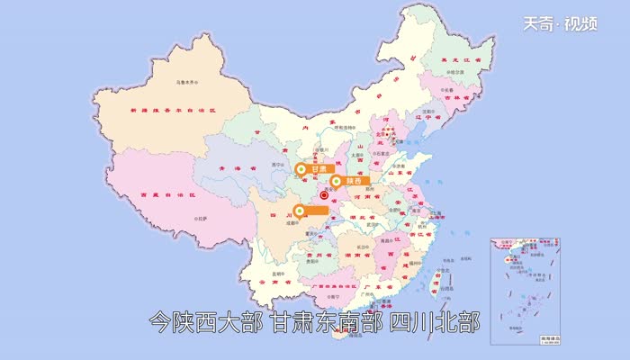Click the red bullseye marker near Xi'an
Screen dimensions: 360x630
tap(324, 193)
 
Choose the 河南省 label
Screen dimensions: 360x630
tap(363, 194)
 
